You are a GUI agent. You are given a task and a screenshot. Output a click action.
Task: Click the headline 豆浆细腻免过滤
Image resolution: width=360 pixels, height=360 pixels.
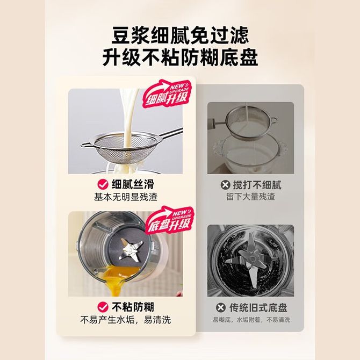click(x=180, y=35)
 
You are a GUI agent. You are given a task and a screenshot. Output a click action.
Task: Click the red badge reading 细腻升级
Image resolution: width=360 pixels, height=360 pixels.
click(x=167, y=94)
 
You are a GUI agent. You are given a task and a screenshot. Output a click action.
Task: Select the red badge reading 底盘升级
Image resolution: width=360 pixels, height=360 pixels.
click(x=170, y=220)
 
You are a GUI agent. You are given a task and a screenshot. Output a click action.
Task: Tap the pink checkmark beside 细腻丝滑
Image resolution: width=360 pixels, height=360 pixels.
click(x=103, y=184)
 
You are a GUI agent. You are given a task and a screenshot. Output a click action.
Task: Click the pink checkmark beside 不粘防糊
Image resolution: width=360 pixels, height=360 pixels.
click(x=103, y=307)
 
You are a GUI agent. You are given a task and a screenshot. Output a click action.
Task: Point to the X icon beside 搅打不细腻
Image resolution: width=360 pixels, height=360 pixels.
click(x=225, y=185)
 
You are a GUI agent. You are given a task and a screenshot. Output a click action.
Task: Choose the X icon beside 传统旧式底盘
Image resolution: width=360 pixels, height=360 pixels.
click(x=221, y=307)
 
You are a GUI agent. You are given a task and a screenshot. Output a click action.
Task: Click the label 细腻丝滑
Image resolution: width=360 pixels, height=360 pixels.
click(x=133, y=184)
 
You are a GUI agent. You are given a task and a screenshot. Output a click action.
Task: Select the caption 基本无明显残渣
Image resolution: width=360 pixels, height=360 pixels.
click(x=126, y=197)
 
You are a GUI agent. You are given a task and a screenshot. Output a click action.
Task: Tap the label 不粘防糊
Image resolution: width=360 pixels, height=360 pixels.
click(x=133, y=307)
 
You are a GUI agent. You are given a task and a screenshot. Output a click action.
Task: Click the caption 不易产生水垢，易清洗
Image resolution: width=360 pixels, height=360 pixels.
click(x=126, y=320)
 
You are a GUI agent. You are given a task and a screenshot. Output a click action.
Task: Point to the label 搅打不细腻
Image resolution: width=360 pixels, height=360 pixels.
click(x=257, y=185)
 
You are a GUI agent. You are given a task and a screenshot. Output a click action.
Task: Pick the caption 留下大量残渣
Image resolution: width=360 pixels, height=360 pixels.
click(x=250, y=197)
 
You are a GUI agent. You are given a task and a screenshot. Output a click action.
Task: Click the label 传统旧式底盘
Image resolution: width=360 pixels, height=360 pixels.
click(x=258, y=308)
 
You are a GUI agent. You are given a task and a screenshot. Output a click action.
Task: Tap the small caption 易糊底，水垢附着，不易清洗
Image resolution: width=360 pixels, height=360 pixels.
click(x=251, y=320)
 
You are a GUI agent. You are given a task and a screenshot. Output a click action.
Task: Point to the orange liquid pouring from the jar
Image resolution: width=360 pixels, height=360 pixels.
click(x=118, y=279)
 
